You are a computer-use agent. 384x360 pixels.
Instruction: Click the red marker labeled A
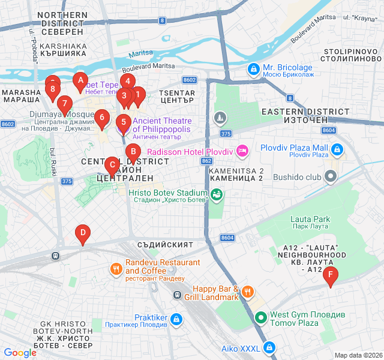80,80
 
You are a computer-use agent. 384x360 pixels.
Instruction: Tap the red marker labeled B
133,152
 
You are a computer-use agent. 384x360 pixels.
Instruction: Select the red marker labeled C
111,164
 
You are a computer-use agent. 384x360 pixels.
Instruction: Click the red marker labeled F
330,276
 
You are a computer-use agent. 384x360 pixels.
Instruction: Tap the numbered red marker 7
65,104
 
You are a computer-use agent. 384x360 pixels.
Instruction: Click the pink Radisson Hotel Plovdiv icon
243,151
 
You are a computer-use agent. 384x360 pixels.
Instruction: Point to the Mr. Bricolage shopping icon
254,70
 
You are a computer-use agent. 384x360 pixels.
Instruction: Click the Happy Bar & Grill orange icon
248,292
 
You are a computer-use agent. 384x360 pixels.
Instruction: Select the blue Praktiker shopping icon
176,319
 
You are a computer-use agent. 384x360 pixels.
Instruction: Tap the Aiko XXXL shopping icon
270,347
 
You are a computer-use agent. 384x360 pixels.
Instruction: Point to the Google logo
20,353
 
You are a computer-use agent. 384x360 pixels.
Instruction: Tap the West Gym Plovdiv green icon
260,319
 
